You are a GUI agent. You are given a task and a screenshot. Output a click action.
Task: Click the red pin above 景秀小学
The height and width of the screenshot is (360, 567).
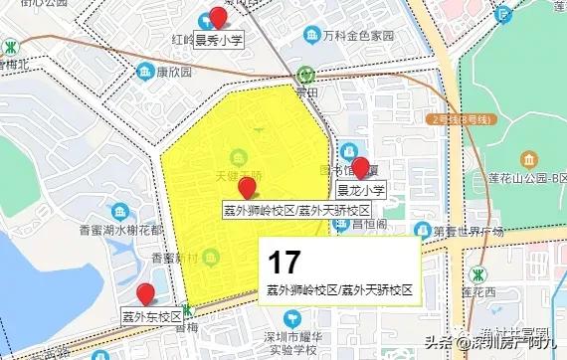tap(218, 16)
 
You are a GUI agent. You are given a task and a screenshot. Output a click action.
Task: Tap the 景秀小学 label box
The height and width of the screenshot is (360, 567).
tap(219, 40)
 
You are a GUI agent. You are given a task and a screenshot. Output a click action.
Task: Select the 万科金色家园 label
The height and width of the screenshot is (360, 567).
tap(358, 35)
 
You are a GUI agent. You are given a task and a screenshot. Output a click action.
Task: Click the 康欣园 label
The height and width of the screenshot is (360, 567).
tap(172, 73)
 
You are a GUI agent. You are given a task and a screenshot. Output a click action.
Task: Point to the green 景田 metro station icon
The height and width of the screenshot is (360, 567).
tap(305, 75)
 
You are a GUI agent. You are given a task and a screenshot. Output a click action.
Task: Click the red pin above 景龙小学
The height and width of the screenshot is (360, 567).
tap(361, 166)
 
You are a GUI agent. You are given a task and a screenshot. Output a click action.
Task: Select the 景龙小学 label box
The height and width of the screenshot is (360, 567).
tap(360, 190)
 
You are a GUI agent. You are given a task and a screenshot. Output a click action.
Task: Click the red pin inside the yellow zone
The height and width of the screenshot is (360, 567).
tap(248, 186)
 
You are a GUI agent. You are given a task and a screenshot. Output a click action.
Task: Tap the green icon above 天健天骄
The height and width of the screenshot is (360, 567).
tap(238, 157)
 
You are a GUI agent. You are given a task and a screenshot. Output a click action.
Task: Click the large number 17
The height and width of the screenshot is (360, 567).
tap(284, 263)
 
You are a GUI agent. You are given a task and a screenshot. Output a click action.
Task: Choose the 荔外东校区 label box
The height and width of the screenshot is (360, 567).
tap(151, 317)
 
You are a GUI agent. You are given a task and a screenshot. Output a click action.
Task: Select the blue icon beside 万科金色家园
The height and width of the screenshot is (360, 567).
tap(314, 35)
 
